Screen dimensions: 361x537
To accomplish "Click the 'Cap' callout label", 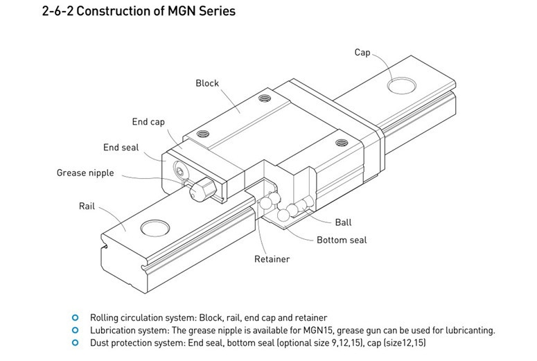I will tap(362, 53).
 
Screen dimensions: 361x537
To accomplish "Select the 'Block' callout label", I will tap(207, 83).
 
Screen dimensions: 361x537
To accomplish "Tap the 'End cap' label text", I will tap(148, 122).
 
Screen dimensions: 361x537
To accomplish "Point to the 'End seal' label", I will tap(121, 147).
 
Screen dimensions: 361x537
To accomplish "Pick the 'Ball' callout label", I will tap(343, 222).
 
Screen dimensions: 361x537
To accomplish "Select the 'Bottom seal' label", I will tap(342, 240).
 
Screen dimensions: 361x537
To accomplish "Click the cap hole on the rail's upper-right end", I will tap(401, 85).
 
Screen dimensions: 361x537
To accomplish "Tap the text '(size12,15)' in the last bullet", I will tap(401, 344).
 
